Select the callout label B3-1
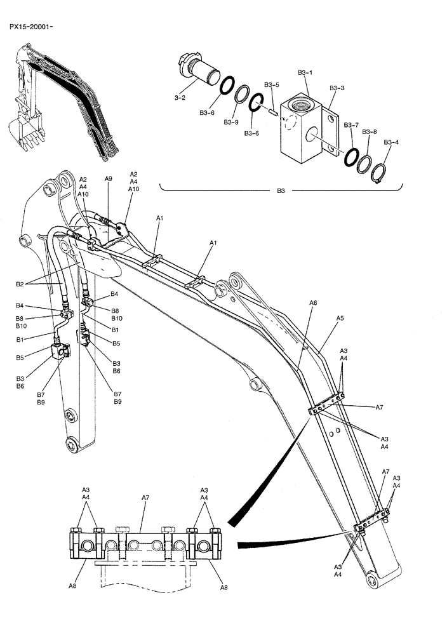click(305, 72)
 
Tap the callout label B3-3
click(337, 88)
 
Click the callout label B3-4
click(392, 142)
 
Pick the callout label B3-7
click(351, 126)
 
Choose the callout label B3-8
click(370, 131)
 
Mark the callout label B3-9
click(232, 122)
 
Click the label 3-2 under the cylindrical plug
click(180, 98)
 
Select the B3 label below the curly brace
click(281, 190)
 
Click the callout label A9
click(109, 179)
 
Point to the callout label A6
click(313, 304)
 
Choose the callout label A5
click(340, 317)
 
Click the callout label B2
click(20, 284)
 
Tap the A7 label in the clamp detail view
click(145, 499)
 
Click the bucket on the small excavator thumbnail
click(31, 130)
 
